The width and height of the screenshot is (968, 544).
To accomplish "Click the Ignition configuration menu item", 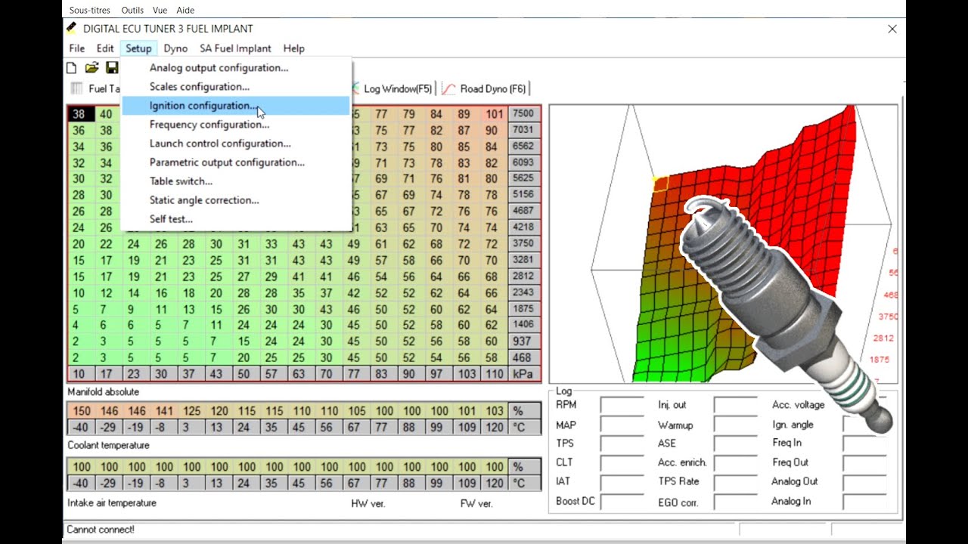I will [x=203, y=106].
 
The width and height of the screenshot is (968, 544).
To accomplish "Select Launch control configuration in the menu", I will [x=219, y=144].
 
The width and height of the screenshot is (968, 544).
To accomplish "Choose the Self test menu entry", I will [x=171, y=219].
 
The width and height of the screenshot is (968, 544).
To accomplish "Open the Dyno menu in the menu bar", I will [x=175, y=48].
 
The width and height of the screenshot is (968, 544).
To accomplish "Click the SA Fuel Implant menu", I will [x=235, y=48].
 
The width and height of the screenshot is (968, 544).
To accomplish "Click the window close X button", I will [x=892, y=29].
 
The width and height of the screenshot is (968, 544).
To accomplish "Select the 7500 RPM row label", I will [x=523, y=114].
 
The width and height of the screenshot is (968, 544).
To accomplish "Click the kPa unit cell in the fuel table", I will [x=523, y=374].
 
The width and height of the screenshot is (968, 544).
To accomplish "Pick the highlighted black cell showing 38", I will [x=79, y=115].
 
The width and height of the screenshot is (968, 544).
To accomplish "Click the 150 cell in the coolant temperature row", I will [x=81, y=411].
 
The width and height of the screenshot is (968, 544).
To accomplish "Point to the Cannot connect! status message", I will [x=101, y=530].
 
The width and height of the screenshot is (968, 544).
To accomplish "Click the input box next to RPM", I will [x=622, y=406].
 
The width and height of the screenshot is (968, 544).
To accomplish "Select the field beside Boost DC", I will [x=622, y=502].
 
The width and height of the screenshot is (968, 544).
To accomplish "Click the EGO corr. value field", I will [x=735, y=502].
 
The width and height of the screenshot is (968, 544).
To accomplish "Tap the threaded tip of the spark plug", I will [x=707, y=219].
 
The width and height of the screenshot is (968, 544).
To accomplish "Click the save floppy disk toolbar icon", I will [x=112, y=68].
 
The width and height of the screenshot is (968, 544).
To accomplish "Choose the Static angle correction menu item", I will [x=203, y=200].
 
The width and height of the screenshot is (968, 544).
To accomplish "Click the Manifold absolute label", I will [x=103, y=392].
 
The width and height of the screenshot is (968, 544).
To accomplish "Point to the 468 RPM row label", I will [x=523, y=357].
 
